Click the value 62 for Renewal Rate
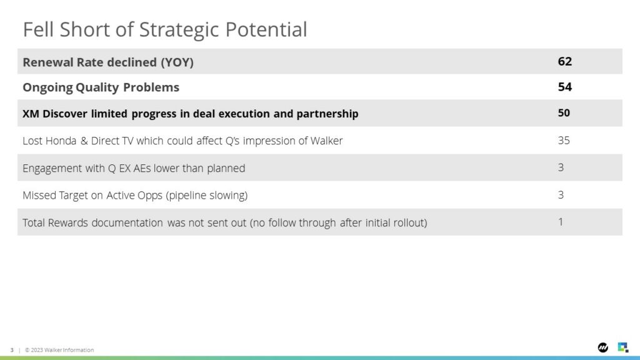(565, 61)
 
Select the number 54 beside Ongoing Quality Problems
(565, 87)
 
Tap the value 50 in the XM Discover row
(564, 112)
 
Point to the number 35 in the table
(564, 141)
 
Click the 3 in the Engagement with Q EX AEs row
(561, 167)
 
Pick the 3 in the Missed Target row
(561, 195)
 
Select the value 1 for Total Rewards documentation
(561, 222)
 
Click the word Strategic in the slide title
(179, 30)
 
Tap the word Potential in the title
(266, 29)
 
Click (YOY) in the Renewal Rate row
(177, 62)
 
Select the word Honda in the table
(61, 141)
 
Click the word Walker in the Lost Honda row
(326, 141)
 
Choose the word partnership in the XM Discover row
(327, 114)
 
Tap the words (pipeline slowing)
(206, 196)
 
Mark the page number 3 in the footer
(12, 350)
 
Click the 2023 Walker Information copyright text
(59, 350)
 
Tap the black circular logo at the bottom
(603, 347)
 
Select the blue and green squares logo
(623, 347)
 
